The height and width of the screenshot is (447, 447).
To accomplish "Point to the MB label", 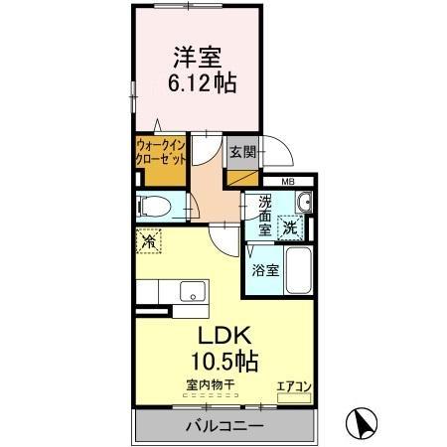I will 287,182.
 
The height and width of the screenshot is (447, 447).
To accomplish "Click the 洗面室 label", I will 265,215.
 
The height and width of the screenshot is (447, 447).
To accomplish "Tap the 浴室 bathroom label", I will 265,269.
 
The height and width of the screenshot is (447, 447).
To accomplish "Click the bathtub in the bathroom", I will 297,269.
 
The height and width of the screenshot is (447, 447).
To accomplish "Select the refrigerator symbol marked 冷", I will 149,240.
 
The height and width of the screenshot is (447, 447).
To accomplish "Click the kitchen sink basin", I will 194,293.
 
